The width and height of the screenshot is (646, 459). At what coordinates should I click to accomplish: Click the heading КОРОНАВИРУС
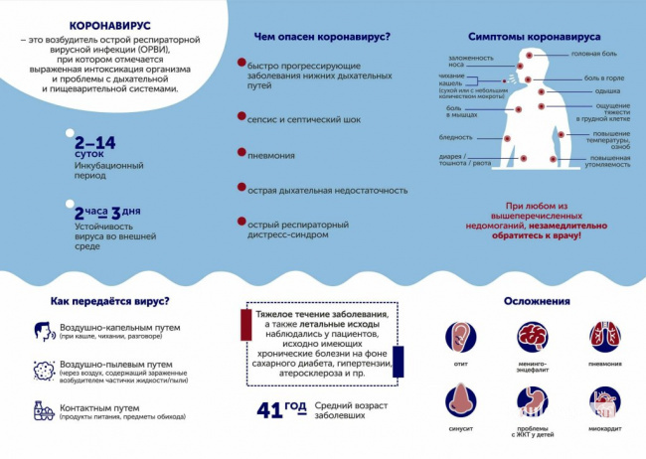coord(109,28)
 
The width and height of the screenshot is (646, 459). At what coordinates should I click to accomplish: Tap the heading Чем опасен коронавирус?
coord(322,37)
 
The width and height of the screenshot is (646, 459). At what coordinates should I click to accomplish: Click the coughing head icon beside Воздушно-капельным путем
coord(41,331)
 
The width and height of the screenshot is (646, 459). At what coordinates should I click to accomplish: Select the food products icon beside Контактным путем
coord(42,409)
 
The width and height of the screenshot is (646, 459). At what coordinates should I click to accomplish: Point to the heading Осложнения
coord(537,301)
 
